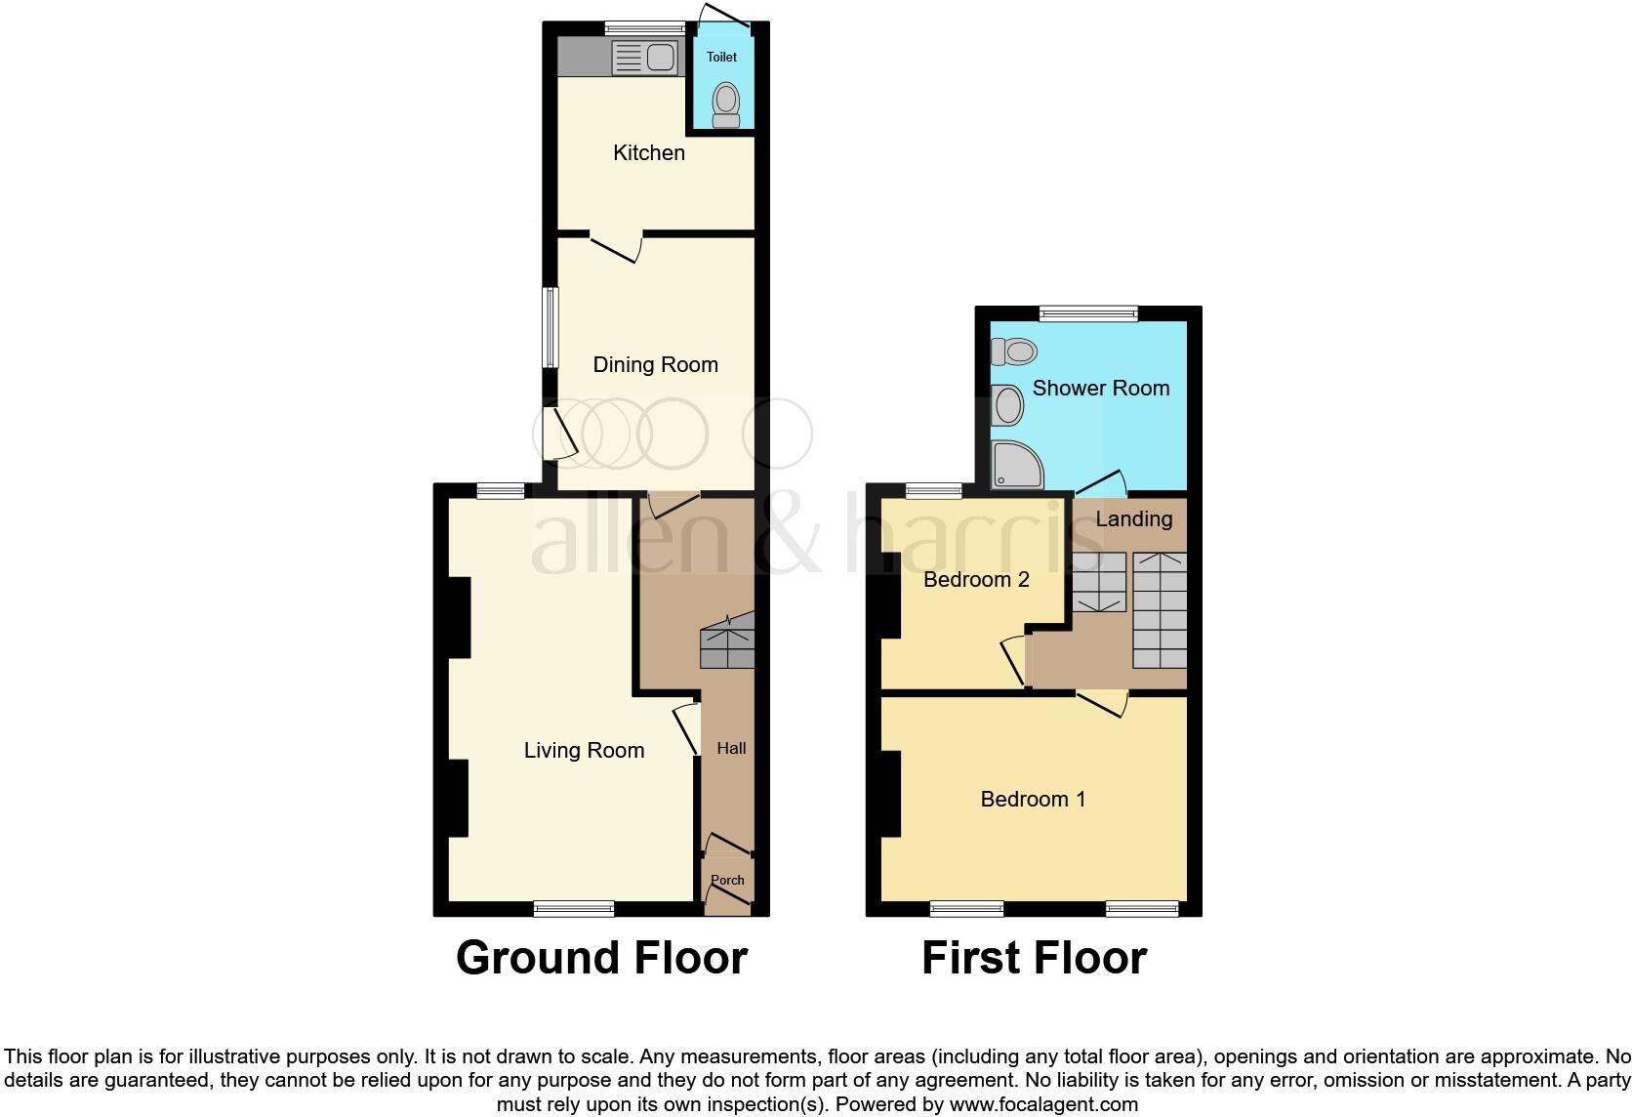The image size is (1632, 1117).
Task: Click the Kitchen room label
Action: pyautogui.click(x=648, y=152)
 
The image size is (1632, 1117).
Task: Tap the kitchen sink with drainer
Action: pyautogui.click(x=644, y=58)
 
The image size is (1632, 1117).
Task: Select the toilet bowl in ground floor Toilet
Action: pyautogui.click(x=725, y=102)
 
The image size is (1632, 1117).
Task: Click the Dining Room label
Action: pyautogui.click(x=655, y=364)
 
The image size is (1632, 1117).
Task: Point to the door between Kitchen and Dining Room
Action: pyautogui.click(x=615, y=246)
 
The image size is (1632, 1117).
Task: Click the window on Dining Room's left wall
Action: pyautogui.click(x=551, y=327)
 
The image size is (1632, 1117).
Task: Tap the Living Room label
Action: pyautogui.click(x=584, y=750)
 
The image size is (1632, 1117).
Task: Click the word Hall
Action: pyautogui.click(x=731, y=748)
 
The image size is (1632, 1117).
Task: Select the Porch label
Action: pyautogui.click(x=727, y=880)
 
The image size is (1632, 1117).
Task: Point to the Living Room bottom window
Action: pyautogui.click(x=574, y=909)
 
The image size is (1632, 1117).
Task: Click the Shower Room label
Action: pyautogui.click(x=1100, y=388)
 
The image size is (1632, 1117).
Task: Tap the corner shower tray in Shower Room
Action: pyautogui.click(x=1015, y=465)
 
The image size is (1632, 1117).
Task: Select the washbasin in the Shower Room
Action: pyautogui.click(x=1006, y=404)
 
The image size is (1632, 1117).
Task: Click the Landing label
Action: pyautogui.click(x=1133, y=518)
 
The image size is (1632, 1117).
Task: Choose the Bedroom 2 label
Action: pyautogui.click(x=976, y=579)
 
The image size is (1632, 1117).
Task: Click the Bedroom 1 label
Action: pyautogui.click(x=1033, y=799)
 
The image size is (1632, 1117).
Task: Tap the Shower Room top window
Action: pyautogui.click(x=1088, y=313)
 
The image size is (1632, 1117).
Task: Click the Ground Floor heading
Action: pyautogui.click(x=601, y=958)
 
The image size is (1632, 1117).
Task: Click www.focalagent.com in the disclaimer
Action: pyautogui.click(x=1043, y=1105)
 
